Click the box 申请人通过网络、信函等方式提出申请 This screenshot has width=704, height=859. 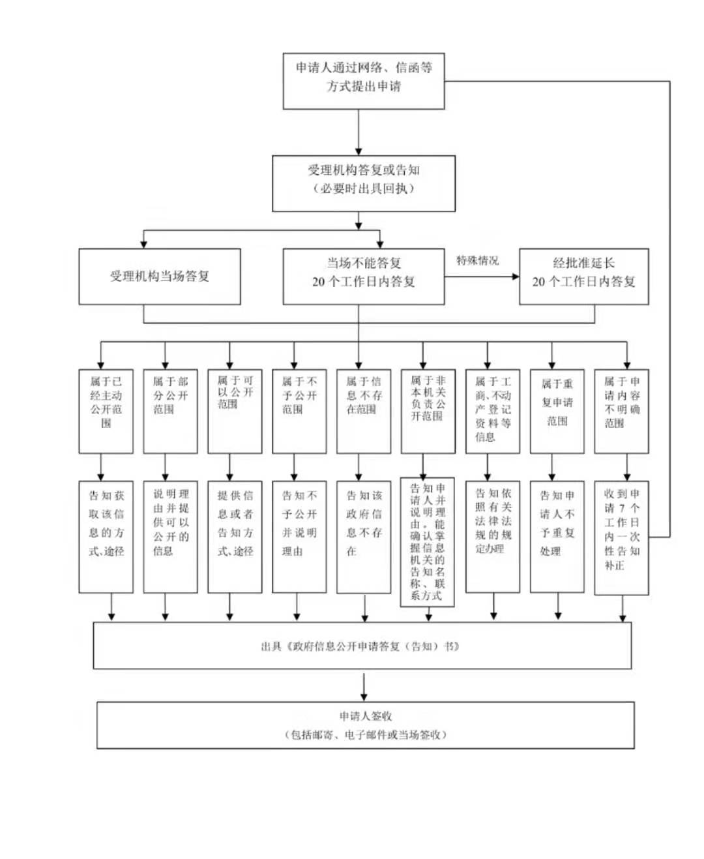[x=363, y=81]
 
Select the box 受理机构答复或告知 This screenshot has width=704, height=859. [x=363, y=183]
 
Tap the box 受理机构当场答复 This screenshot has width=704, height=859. [x=160, y=277]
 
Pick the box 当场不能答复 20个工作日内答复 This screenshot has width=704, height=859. [x=363, y=277]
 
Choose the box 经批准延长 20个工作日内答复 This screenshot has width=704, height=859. [x=583, y=277]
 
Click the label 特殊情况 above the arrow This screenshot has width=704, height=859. [x=477, y=261]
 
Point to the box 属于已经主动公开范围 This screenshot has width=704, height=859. [x=106, y=412]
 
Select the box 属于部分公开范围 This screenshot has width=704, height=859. [x=170, y=412]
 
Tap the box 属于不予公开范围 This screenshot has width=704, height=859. [x=299, y=412]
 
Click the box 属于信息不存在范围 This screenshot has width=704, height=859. [x=364, y=412]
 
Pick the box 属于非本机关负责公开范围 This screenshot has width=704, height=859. [x=428, y=412]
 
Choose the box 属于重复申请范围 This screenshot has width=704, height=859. [x=557, y=412]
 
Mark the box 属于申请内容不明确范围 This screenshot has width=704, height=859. [x=621, y=412]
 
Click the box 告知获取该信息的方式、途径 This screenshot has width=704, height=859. [x=106, y=537]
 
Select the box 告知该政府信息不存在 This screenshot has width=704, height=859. [x=364, y=537]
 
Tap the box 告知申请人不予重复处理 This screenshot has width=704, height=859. [x=557, y=537]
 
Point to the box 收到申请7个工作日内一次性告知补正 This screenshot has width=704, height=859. [x=621, y=537]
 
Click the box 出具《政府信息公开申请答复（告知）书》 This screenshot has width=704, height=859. [x=362, y=646]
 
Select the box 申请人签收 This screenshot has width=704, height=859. [x=365, y=725]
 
